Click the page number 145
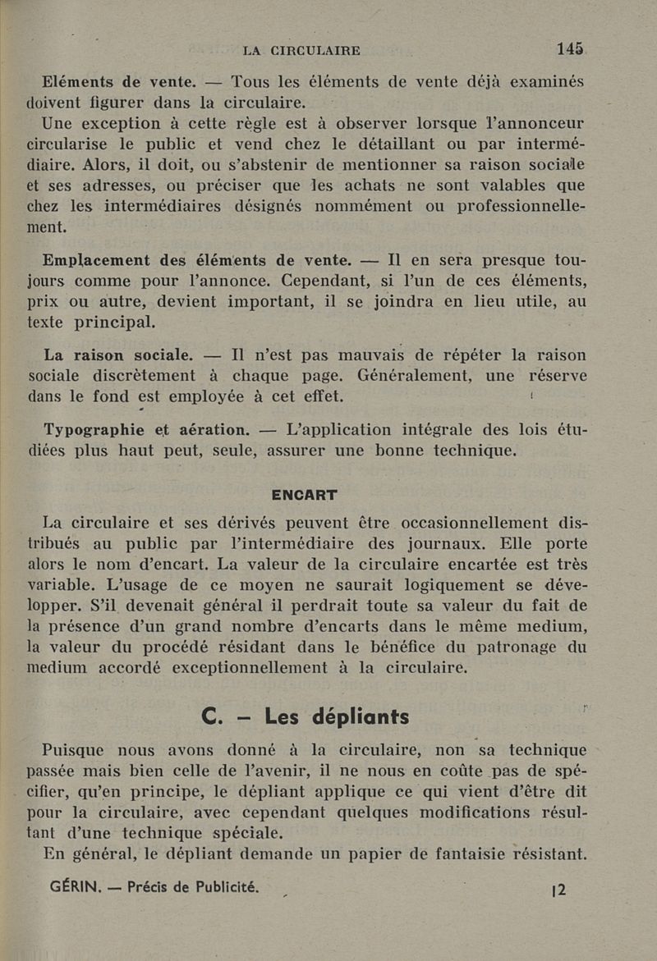(x=570, y=49)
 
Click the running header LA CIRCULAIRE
(x=301, y=51)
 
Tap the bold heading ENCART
(x=304, y=495)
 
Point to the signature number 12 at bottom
(x=557, y=890)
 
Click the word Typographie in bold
(x=94, y=429)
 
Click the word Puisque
(x=74, y=749)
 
